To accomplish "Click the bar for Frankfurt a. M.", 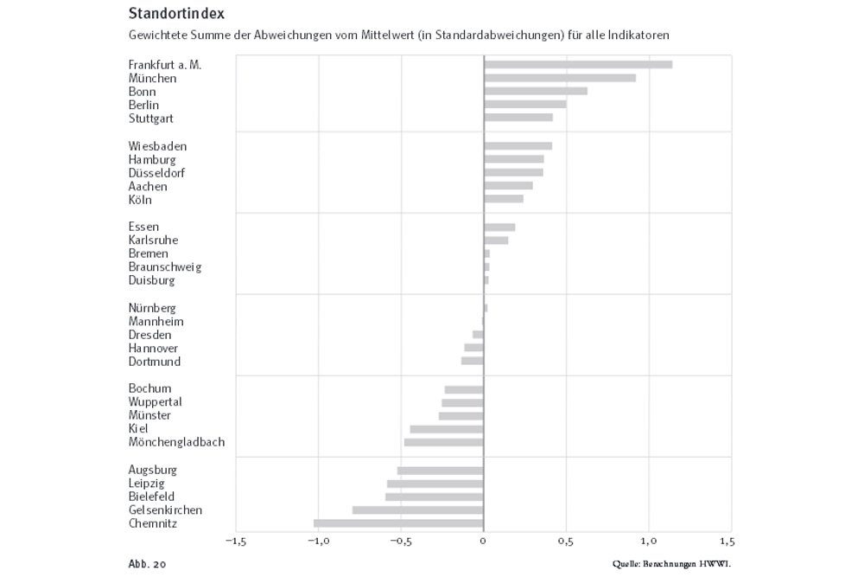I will point(577,65).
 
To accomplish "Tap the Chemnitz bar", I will point(398,523).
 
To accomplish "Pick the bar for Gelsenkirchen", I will point(418,510).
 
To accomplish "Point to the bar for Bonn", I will point(535,91).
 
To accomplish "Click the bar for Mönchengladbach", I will point(444,442).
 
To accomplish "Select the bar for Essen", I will point(499,227).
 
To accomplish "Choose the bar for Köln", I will point(503,199).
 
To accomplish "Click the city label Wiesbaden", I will point(157,146).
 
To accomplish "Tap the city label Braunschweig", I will point(165,267).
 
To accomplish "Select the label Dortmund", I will point(155,362).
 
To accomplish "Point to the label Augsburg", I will point(153,470).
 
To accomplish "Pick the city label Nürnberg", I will point(152,308).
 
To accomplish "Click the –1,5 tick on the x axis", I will point(235,542).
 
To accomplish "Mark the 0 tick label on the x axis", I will point(484,542).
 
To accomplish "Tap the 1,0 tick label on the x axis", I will point(649,542).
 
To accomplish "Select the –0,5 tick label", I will point(400,542).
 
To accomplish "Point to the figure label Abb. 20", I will point(147,564).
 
